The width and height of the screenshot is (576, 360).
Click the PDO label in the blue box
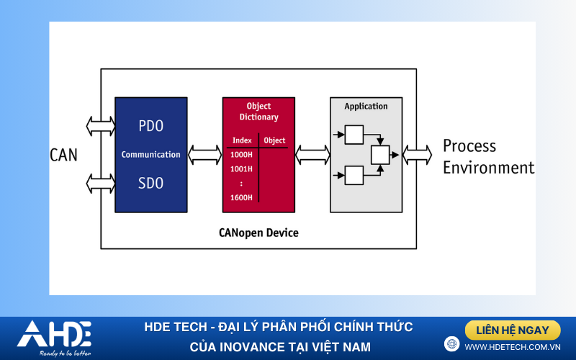pyautogui.click(x=150, y=126)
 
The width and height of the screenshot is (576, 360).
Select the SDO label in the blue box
pyautogui.click(x=150, y=184)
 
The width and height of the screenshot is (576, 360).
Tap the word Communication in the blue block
pyautogui.click(x=150, y=155)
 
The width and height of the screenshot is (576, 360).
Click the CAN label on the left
pyautogui.click(x=63, y=155)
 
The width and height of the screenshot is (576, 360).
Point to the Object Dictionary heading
pyautogui.click(x=258, y=112)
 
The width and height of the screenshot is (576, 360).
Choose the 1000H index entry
pyautogui.click(x=241, y=155)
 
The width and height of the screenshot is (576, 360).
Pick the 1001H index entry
pyautogui.click(x=241, y=169)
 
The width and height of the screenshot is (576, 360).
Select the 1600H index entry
pyautogui.click(x=241, y=198)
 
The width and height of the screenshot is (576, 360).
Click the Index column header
pyautogui.click(x=242, y=140)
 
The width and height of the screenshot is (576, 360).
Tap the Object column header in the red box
pyautogui.click(x=274, y=140)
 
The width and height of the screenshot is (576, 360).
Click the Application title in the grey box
pyautogui.click(x=366, y=107)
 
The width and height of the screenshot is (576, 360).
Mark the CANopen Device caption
pyautogui.click(x=258, y=233)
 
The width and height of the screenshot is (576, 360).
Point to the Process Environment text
pyautogui.click(x=488, y=157)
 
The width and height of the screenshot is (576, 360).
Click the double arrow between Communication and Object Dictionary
pyautogui.click(x=204, y=154)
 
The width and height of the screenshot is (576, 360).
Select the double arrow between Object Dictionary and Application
pyautogui.click(x=312, y=154)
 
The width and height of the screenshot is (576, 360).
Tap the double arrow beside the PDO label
pyautogui.click(x=101, y=127)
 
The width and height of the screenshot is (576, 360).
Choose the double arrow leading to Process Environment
pyautogui.click(x=417, y=154)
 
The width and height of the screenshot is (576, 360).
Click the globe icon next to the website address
pyautogui.click(x=452, y=344)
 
